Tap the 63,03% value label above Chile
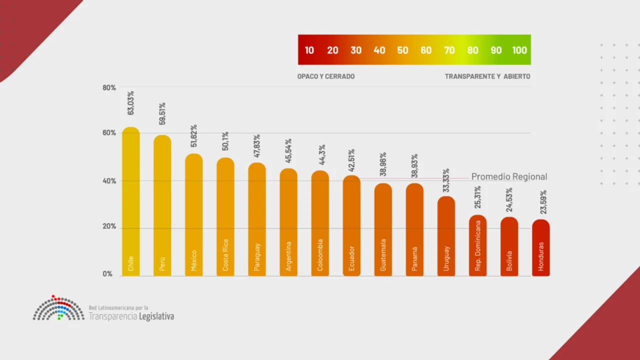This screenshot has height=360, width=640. (x=131, y=103)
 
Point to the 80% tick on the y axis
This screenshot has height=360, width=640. (x=110, y=87)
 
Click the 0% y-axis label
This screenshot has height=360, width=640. (x=108, y=274)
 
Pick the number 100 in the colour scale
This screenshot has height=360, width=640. (x=519, y=50)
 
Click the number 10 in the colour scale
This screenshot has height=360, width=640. (x=309, y=50)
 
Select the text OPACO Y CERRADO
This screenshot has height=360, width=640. (x=326, y=76)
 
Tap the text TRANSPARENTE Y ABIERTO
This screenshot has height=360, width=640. (x=487, y=76)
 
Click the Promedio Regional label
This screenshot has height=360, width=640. (x=509, y=176)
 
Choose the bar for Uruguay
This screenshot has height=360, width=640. (x=446, y=235)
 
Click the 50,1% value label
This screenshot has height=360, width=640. (x=226, y=141)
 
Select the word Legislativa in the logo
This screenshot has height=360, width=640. (x=156, y=316)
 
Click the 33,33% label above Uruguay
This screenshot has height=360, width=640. (x=446, y=180)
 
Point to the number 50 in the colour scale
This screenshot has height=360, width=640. (x=403, y=50)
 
